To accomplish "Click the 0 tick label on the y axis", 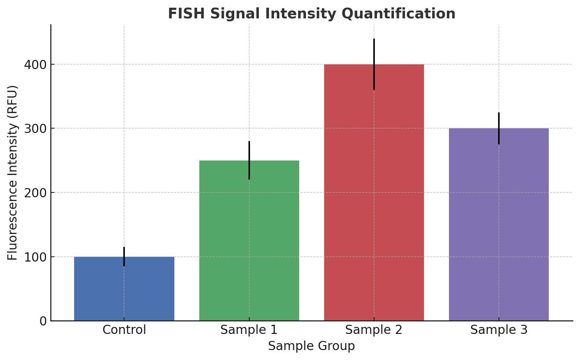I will [43, 321].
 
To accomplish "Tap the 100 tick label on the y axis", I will [36, 257].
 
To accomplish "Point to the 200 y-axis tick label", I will [36, 193].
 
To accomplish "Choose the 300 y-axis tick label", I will [36, 129].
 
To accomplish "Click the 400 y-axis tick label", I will [36, 65].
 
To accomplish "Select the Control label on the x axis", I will [124, 330].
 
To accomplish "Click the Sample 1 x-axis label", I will [249, 330].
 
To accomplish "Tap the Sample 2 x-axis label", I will [374, 330].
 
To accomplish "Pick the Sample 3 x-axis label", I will [499, 330].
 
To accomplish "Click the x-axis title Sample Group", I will [311, 346].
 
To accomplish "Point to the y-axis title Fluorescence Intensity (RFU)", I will [13, 173].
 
